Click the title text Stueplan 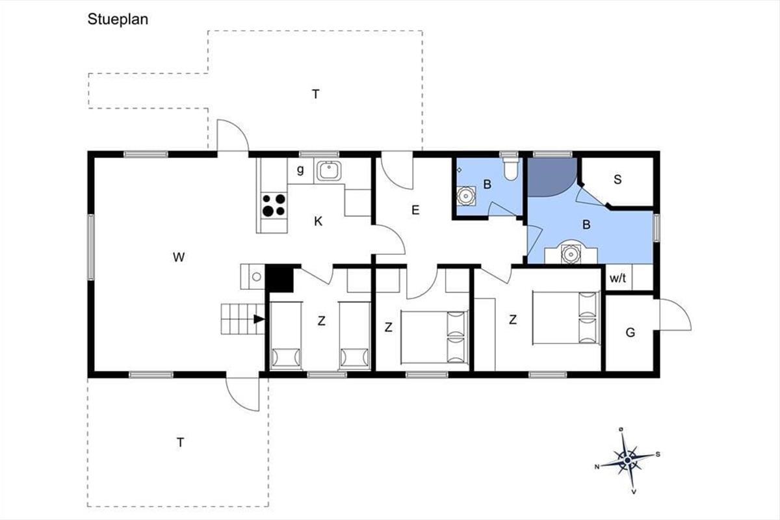(118, 19)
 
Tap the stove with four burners (274, 205)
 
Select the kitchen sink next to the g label (328, 171)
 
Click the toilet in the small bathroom (511, 169)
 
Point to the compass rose (627, 460)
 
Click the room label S (617, 179)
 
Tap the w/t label (617, 278)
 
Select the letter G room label (630, 333)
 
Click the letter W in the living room (179, 257)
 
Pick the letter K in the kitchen (318, 221)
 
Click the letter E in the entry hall (415, 210)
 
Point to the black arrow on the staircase (259, 319)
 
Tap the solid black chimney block (279, 278)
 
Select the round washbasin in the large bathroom (571, 253)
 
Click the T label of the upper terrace (315, 94)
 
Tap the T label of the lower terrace (180, 443)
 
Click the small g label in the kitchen (300, 170)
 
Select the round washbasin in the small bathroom (466, 196)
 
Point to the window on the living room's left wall (91, 247)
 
